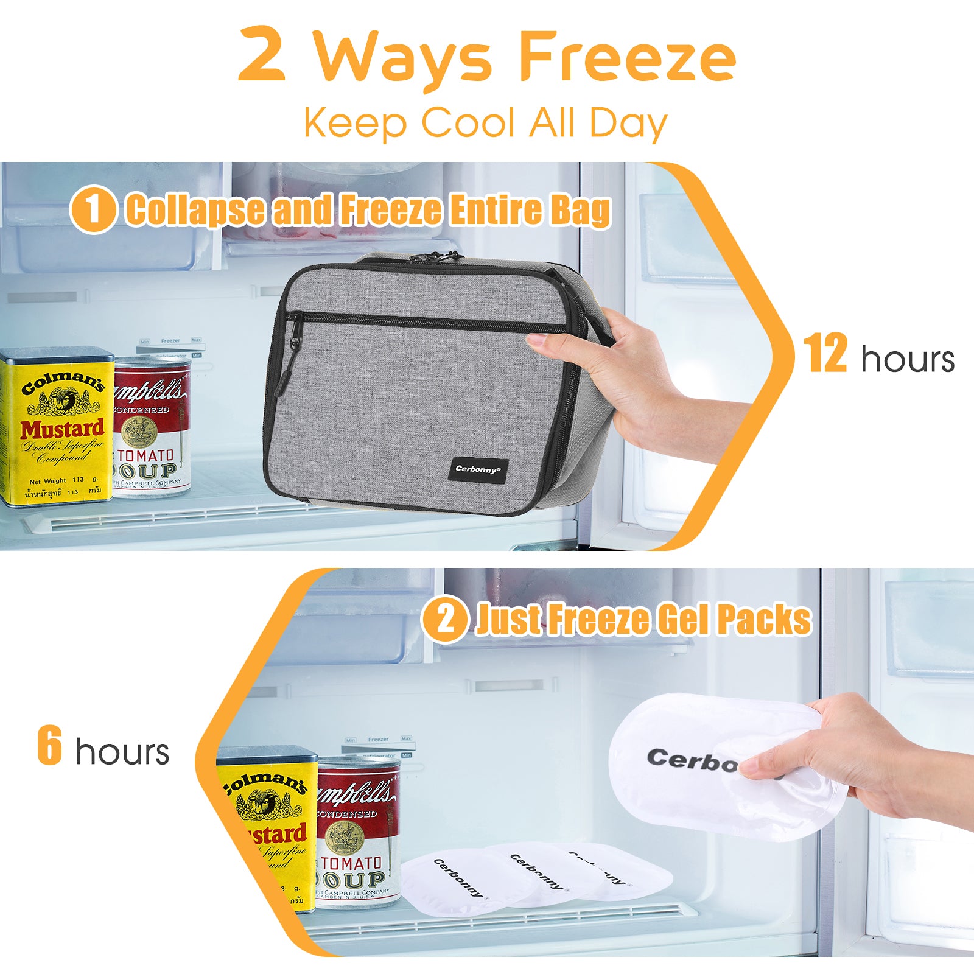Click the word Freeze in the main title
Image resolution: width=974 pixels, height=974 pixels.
coord(627,58)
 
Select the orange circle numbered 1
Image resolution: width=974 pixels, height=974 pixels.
coord(93,209)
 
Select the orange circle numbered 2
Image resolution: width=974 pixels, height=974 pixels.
coord(445,619)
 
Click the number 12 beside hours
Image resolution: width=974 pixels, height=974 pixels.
coord(825,354)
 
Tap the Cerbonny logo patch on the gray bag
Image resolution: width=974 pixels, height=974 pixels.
coord(478,469)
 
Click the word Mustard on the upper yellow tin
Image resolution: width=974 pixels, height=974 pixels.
coord(62,429)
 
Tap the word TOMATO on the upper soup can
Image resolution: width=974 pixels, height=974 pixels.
coord(146,455)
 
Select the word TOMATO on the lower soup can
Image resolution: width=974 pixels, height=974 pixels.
coord(351,863)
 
